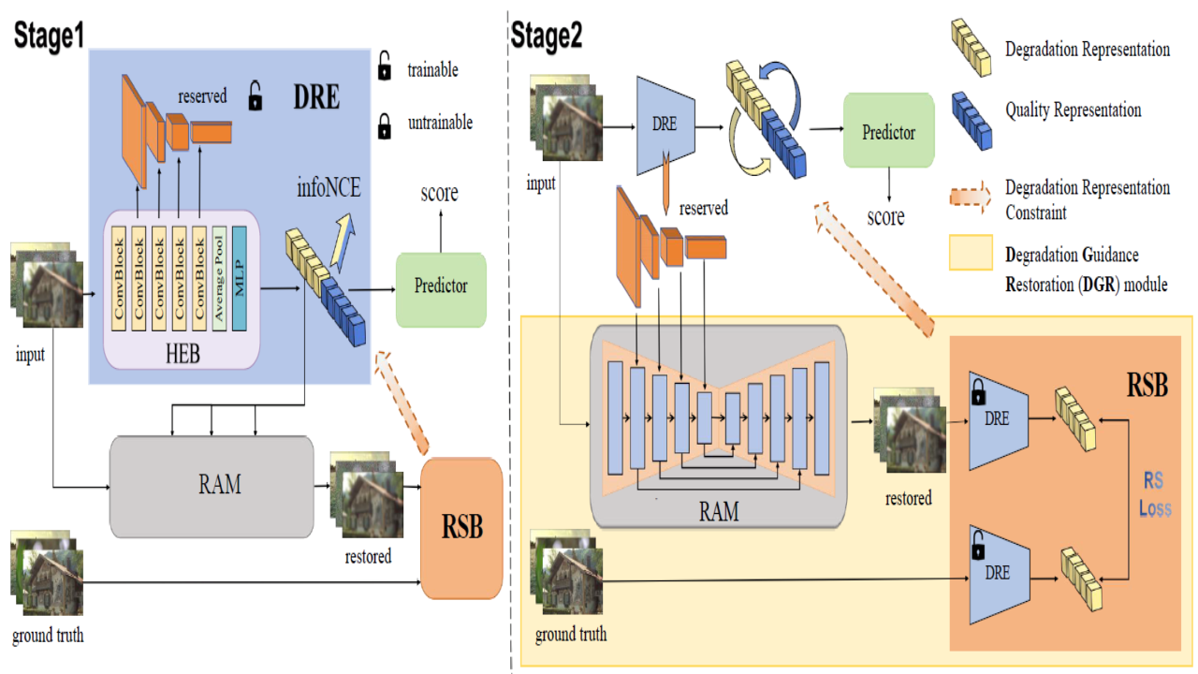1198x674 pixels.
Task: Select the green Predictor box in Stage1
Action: click(441, 286)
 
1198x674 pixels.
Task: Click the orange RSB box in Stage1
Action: click(462, 527)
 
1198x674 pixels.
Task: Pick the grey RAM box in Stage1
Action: click(212, 485)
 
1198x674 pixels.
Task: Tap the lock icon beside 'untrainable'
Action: click(384, 125)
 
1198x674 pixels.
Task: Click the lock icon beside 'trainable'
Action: click(384, 69)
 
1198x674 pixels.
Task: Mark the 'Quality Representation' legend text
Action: click(1073, 110)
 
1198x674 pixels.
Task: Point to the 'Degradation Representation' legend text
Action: click(1087, 49)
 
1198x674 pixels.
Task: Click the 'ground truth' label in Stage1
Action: click(48, 636)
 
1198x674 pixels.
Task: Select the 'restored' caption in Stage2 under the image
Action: click(908, 498)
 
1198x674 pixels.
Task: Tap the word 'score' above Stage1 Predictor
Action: click(439, 193)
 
